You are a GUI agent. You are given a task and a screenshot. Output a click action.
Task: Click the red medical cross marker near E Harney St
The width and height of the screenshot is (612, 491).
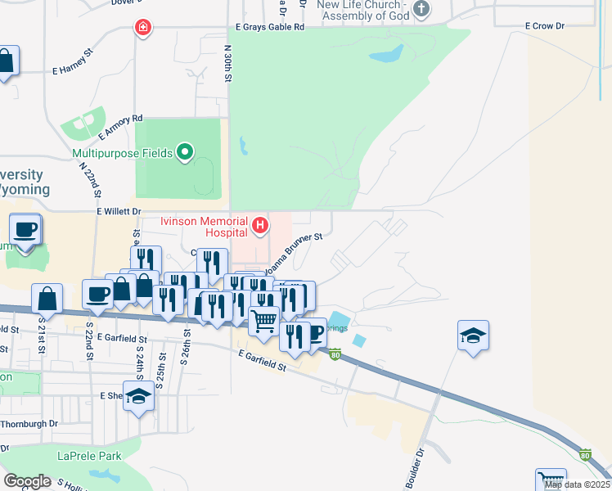144,28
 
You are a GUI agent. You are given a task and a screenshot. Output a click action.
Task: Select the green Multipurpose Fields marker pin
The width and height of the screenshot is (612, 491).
186,151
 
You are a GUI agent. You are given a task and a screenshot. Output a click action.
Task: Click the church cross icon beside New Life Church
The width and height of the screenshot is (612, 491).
421,10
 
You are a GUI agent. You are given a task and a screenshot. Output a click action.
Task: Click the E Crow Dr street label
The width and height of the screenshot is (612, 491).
548,27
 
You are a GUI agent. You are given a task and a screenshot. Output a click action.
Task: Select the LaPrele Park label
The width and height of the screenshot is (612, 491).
89,456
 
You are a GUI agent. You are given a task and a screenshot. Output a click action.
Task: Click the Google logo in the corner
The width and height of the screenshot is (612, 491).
27,481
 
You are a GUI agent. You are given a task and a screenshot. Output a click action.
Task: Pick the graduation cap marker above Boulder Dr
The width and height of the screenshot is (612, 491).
473,336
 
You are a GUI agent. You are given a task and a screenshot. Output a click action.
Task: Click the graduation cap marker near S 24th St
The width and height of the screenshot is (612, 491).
139,396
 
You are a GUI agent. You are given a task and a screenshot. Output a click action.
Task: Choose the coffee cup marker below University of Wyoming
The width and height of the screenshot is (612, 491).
25,228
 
